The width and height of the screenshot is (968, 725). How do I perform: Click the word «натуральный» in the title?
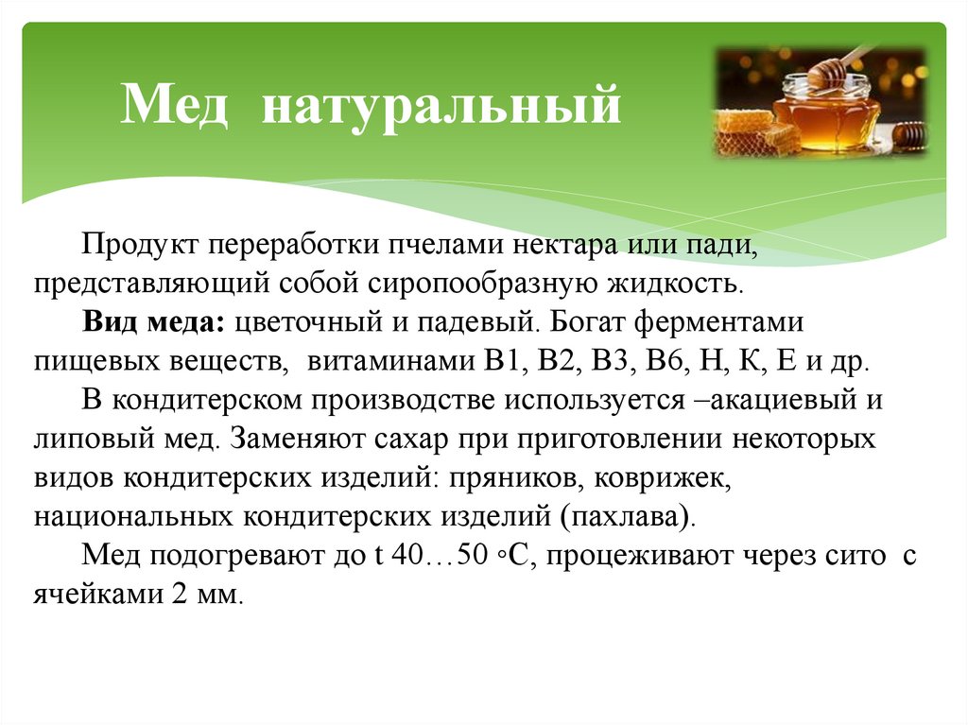(x=441, y=106)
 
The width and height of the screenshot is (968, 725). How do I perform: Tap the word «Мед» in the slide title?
(x=175, y=104)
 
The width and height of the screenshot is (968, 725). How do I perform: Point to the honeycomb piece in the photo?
(x=756, y=133)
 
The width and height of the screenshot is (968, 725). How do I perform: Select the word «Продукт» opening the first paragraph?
(x=140, y=245)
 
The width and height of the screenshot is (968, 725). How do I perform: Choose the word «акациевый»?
(x=775, y=400)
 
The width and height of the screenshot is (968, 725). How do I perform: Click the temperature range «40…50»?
(x=439, y=556)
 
